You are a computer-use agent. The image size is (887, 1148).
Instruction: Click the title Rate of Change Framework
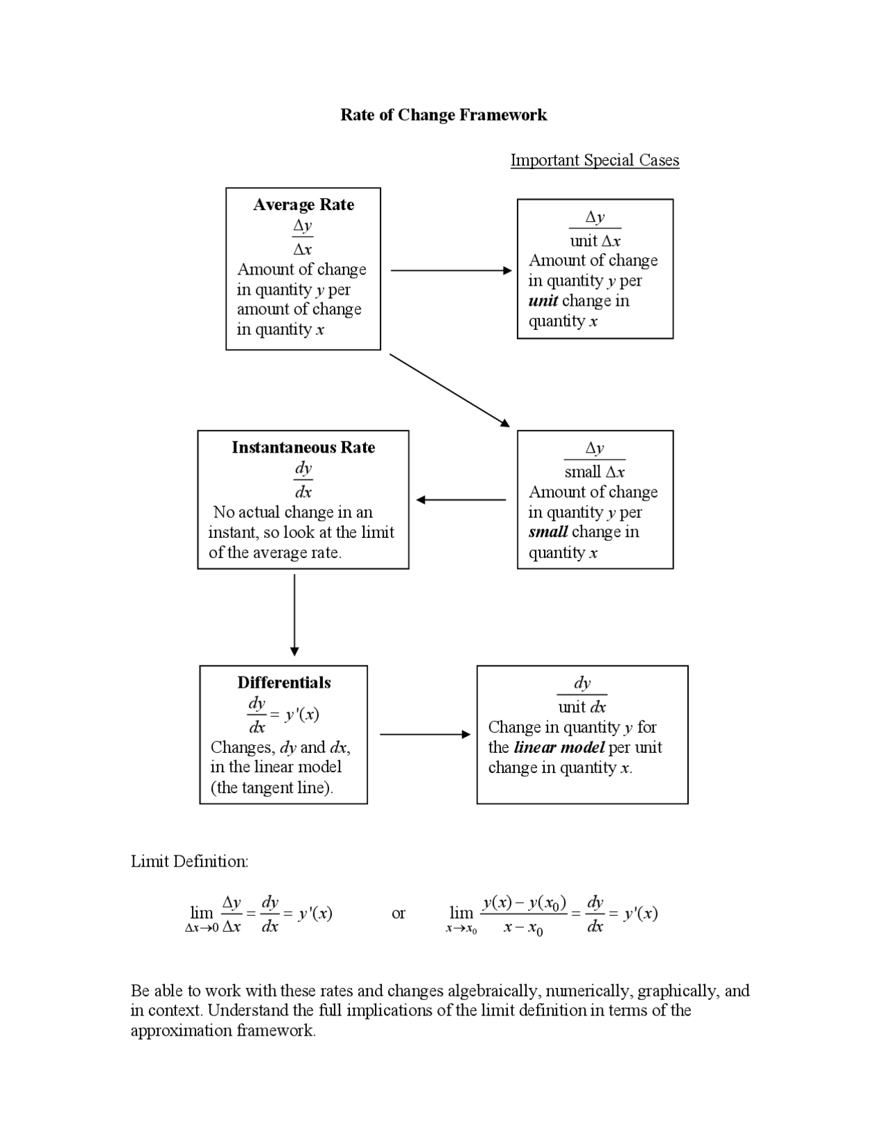click(x=443, y=115)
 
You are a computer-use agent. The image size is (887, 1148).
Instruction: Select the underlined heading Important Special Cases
click(x=595, y=160)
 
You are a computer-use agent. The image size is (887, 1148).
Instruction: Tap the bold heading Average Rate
click(x=304, y=205)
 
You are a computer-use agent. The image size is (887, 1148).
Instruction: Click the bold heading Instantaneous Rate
click(x=304, y=447)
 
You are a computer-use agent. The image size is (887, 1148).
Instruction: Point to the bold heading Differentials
click(x=284, y=682)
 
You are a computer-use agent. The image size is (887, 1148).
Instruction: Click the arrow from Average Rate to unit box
click(x=450, y=270)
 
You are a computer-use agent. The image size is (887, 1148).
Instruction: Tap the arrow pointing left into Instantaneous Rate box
click(x=461, y=499)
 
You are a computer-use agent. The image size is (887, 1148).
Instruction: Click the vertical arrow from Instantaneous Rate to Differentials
click(x=295, y=614)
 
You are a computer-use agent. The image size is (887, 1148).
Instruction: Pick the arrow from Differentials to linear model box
click(x=425, y=734)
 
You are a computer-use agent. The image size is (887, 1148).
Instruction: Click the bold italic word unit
click(x=543, y=301)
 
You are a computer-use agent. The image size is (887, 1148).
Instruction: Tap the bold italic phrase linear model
click(x=559, y=747)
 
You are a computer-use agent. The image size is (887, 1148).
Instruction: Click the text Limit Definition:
click(x=189, y=862)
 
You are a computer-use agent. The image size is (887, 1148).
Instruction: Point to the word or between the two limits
click(x=398, y=913)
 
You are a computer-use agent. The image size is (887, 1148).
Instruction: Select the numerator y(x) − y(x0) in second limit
click(x=524, y=903)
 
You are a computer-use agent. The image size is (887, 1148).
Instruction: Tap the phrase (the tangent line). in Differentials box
click(x=272, y=788)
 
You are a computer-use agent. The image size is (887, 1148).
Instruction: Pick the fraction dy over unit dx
click(x=582, y=695)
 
